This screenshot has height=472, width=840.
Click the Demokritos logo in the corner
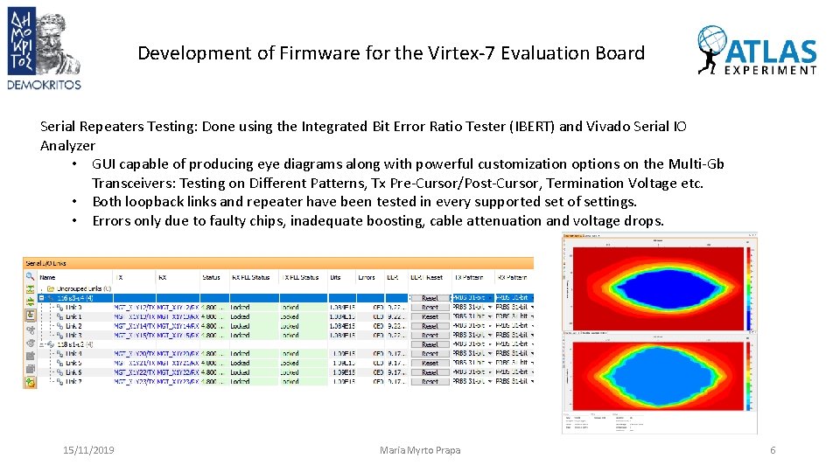pos(44,47)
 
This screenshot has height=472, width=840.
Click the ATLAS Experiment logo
pos(758,51)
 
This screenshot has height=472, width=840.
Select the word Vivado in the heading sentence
pos(584,127)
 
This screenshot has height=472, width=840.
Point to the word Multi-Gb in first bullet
pos(693,164)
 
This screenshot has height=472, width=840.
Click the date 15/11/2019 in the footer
pos(88,450)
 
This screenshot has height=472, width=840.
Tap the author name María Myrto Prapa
pos(420,450)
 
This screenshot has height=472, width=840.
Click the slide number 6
pos(773,450)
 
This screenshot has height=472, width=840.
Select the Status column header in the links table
pos(211,277)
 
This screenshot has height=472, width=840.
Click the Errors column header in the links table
pos(366,277)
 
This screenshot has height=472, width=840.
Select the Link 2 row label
pos(73,326)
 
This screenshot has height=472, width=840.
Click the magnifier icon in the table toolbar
pos(31,277)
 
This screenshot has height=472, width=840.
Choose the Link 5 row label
pos(73,363)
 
